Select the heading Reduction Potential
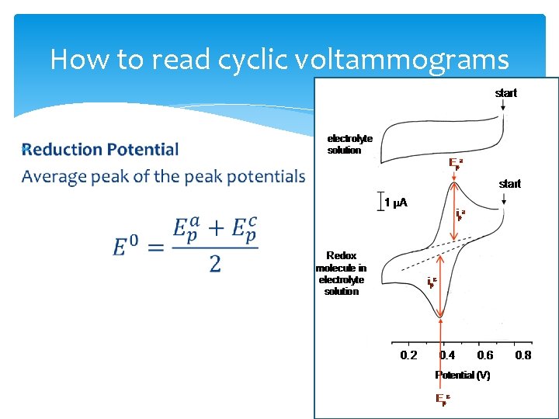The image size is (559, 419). tap(101, 149)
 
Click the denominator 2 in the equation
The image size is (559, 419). tap(214, 264)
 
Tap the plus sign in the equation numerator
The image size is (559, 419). tap(215, 228)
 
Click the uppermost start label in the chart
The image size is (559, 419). tap(505, 93)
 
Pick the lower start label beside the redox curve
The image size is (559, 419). tap(509, 184)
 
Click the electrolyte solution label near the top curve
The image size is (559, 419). tap(349, 144)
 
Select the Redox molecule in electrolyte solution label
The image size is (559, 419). tap(342, 273)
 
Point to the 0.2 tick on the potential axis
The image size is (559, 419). tap(408, 355)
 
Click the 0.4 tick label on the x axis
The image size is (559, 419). tap(447, 355)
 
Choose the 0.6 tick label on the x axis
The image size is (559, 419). tap(484, 355)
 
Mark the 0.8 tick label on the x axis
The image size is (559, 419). tap(523, 355)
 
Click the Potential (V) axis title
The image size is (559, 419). tap(463, 376)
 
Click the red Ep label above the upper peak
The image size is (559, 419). tap(456, 163)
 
